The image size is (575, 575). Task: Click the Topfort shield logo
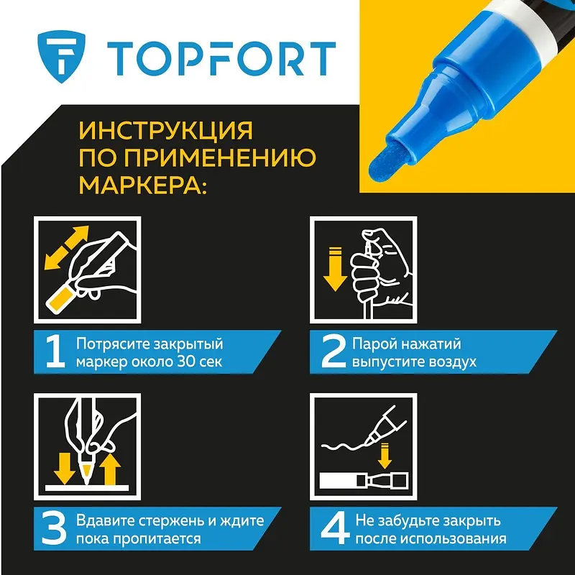[x=61, y=57]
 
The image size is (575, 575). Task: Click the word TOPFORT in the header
[x=221, y=59]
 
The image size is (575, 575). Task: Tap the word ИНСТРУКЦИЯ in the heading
[x=166, y=130]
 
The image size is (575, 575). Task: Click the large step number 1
[x=55, y=352]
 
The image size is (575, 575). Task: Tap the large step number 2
[x=333, y=352]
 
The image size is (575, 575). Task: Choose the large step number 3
[x=55, y=529]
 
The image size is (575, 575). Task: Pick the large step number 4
[x=335, y=529]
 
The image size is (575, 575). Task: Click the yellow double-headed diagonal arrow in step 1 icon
[x=66, y=247]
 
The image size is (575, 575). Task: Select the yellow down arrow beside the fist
[x=335, y=269]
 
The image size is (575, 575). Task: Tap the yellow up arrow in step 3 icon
[x=110, y=470]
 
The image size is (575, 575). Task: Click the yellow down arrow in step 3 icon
[x=65, y=469]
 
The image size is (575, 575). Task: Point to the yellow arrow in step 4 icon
[x=385, y=456]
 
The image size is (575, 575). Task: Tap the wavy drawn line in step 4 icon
[x=345, y=446]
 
